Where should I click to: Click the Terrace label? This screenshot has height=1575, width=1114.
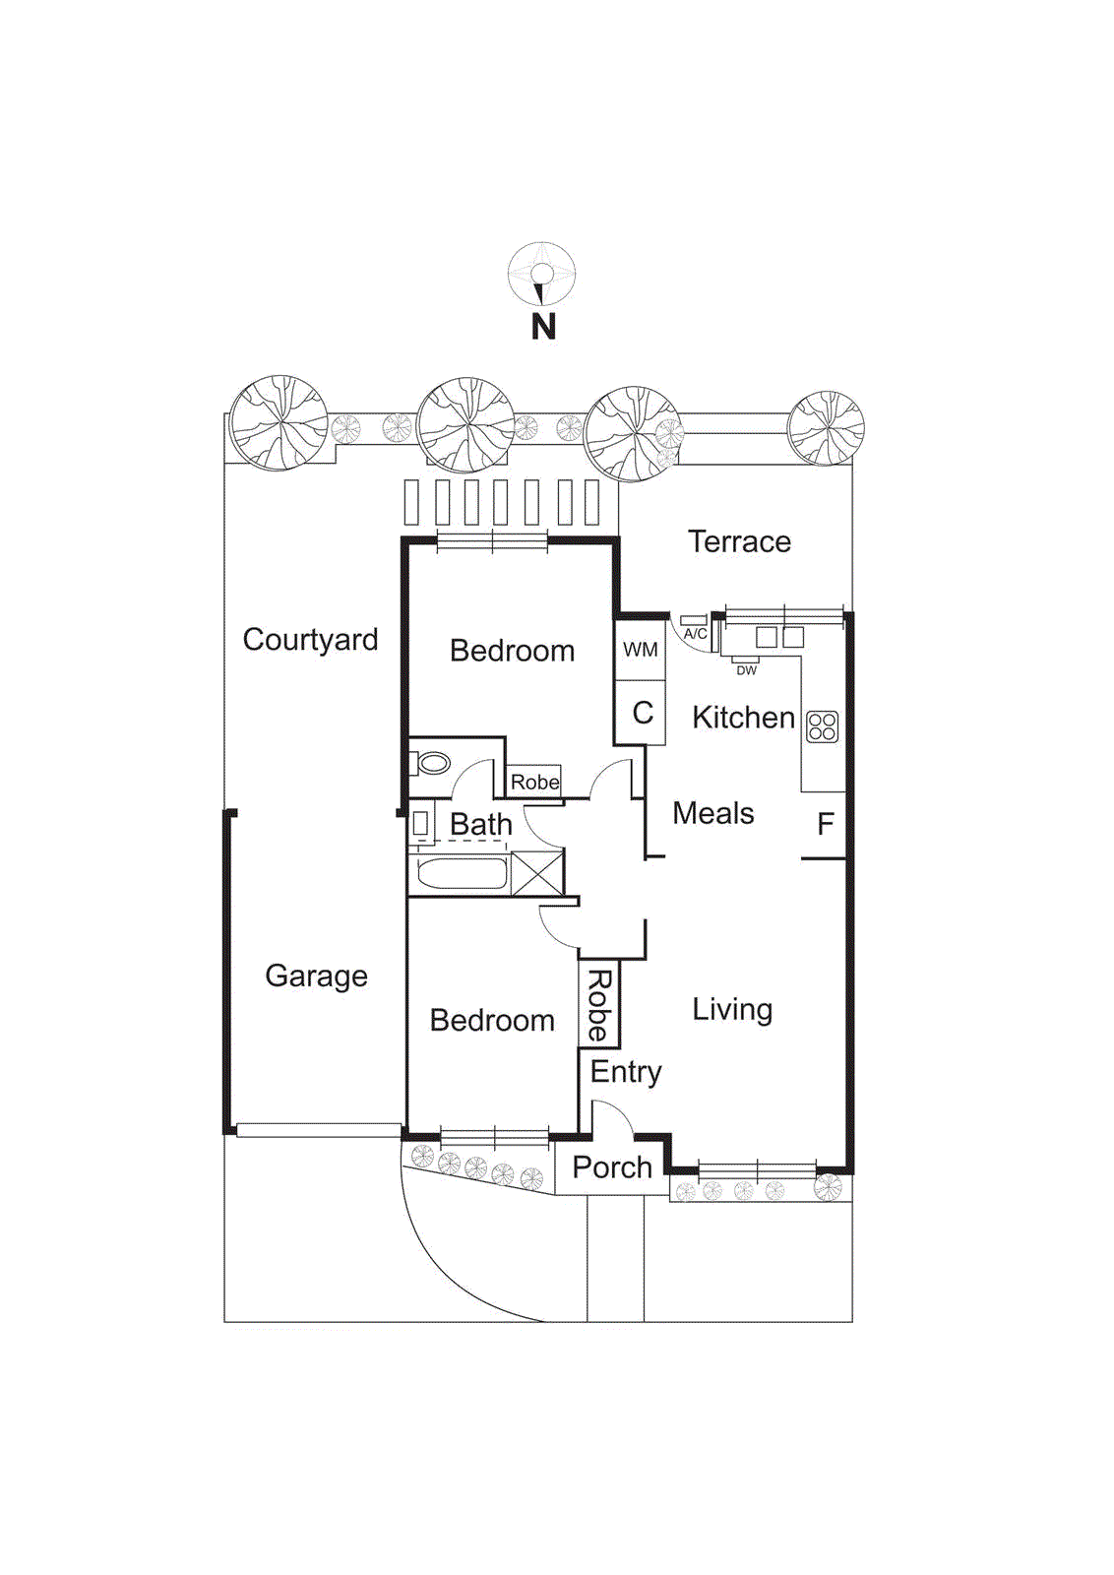pyautogui.click(x=739, y=541)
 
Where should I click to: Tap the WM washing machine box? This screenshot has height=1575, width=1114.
pyautogui.click(x=641, y=650)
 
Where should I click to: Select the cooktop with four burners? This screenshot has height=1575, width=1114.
pyautogui.click(x=822, y=726)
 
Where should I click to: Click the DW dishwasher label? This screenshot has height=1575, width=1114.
pyautogui.click(x=747, y=670)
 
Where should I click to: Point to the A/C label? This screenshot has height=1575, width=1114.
pyautogui.click(x=695, y=634)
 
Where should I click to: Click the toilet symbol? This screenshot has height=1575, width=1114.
pyautogui.click(x=432, y=763)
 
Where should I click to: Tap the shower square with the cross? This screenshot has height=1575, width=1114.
pyautogui.click(x=537, y=873)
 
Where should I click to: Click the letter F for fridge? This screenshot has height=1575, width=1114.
pyautogui.click(x=826, y=824)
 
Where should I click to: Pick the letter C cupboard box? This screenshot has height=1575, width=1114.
pyautogui.click(x=642, y=713)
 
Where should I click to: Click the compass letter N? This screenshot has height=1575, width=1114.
pyautogui.click(x=543, y=327)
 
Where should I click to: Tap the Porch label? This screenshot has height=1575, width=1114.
pyautogui.click(x=612, y=1167)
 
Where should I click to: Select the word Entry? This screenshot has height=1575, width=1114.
pyautogui.click(x=626, y=1072)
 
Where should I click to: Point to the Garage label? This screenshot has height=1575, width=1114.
pyautogui.click(x=316, y=976)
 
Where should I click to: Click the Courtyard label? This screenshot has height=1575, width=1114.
pyautogui.click(x=310, y=640)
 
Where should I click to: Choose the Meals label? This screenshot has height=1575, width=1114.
pyautogui.click(x=712, y=813)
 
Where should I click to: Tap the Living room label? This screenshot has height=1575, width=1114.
pyautogui.click(x=732, y=1009)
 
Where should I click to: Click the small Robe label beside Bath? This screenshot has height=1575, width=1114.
pyautogui.click(x=534, y=782)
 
